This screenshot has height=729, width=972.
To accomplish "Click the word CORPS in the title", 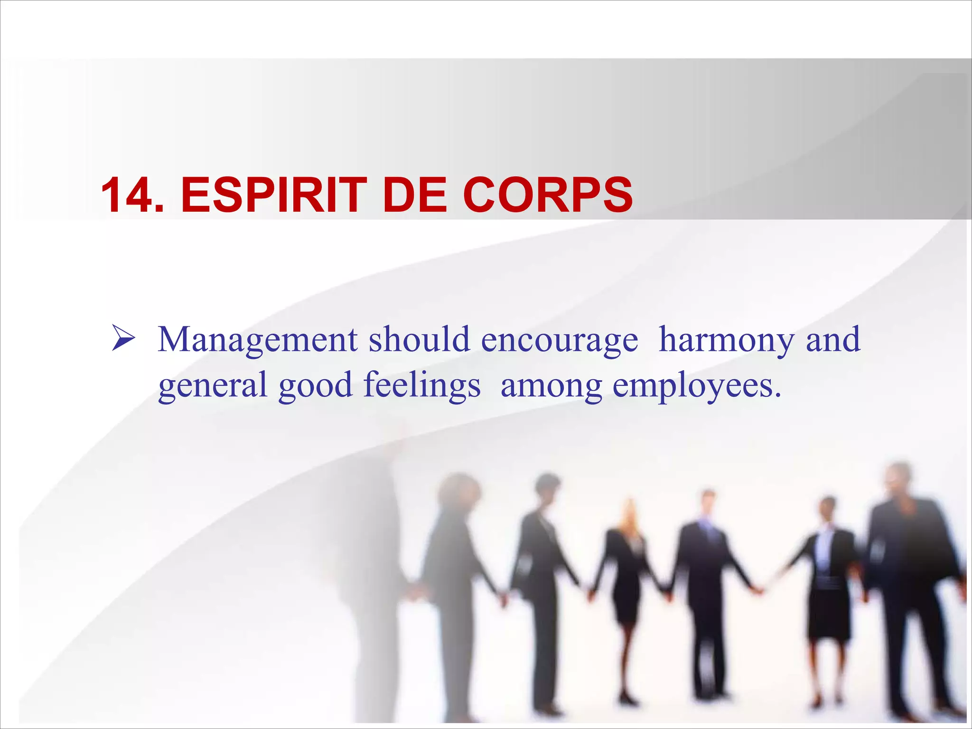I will (x=548, y=195).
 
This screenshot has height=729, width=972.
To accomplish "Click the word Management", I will (x=258, y=341).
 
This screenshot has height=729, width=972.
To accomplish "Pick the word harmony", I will (x=726, y=341).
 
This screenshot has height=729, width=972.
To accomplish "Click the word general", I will (x=213, y=386).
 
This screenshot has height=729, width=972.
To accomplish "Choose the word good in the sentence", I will (x=315, y=386).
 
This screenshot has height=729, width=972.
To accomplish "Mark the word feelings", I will (x=422, y=386).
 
